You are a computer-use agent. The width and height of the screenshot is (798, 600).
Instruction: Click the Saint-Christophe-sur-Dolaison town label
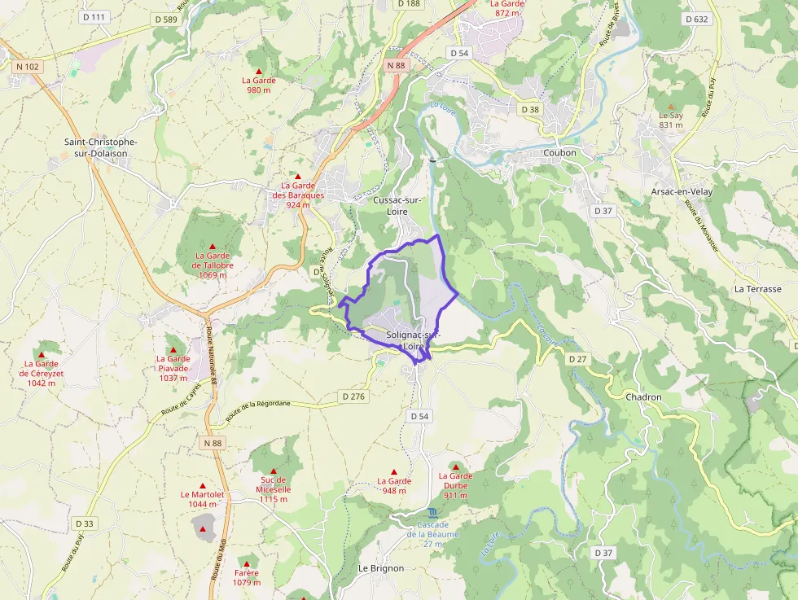pyautogui.click(x=101, y=147)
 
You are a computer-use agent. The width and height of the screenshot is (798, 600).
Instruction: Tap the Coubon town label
pyautogui.click(x=559, y=152)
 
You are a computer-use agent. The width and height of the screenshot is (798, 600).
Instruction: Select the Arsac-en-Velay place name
pyautogui.click(x=682, y=191)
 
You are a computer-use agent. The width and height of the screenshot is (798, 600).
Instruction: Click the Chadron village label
pyautogui.click(x=644, y=397)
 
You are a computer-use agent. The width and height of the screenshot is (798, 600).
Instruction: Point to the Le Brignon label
pyautogui.click(x=381, y=568)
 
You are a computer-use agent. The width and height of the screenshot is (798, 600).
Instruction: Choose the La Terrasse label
pyautogui.click(x=757, y=289)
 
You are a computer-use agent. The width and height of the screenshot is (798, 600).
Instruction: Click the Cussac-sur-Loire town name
pyautogui.click(x=397, y=205)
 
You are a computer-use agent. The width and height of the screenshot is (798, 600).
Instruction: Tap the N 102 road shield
pyautogui.click(x=28, y=67)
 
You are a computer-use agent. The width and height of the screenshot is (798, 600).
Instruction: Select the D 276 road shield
pyautogui.click(x=354, y=396)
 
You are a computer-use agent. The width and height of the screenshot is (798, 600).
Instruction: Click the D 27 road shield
pyautogui.click(x=577, y=359)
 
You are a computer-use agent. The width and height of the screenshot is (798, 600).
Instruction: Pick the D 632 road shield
pyautogui.click(x=696, y=19)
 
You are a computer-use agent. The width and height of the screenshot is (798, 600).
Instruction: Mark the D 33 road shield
pyautogui.click(x=84, y=523)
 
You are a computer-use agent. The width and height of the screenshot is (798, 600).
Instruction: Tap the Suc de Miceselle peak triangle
pyautogui.click(x=274, y=471)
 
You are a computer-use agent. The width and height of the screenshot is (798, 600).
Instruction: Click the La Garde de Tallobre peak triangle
pyautogui.click(x=213, y=247)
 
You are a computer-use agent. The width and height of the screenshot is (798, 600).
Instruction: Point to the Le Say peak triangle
pyautogui.click(x=671, y=107)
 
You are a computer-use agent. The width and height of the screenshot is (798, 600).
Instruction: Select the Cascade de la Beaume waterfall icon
pyautogui.click(x=432, y=513)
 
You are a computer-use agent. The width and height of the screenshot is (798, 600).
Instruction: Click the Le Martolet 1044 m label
pyautogui.click(x=203, y=499)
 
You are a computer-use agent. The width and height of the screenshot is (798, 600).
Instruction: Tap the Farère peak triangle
pyautogui.click(x=246, y=563)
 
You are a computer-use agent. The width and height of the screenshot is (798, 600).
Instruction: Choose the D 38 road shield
pyautogui.click(x=529, y=109)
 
